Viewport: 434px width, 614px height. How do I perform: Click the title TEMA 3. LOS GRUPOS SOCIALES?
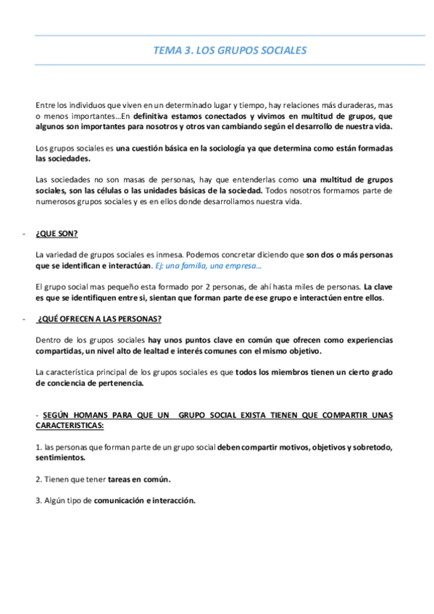(x=230, y=51)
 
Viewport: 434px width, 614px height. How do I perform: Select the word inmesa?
(x=164, y=255)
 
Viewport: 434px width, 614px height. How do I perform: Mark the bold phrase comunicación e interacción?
(x=144, y=500)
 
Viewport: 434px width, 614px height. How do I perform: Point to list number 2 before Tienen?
(x=38, y=479)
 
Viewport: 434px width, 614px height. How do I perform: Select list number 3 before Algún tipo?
(x=38, y=500)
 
